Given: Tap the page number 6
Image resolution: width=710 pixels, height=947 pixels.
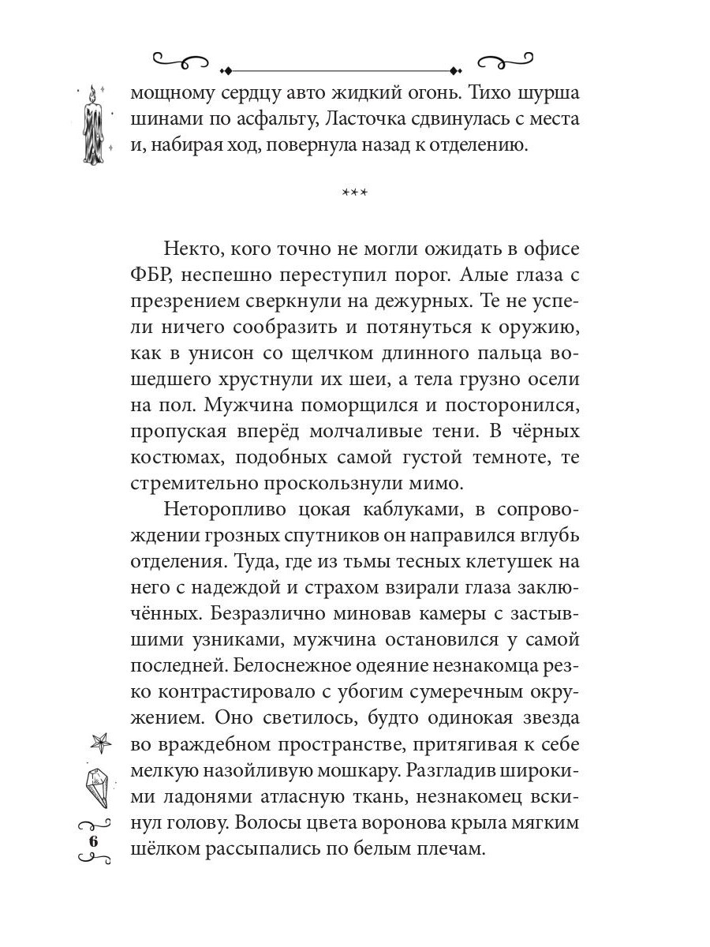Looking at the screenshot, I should tap(94, 841).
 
